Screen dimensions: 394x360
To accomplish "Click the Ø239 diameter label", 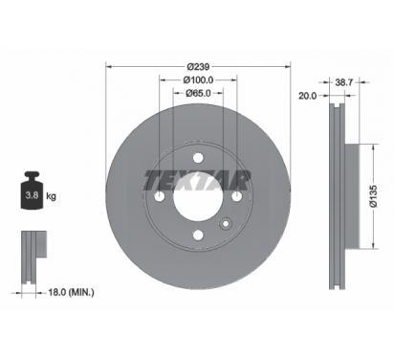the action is coord(198,67).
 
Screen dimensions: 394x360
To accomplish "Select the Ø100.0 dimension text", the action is coord(198,79).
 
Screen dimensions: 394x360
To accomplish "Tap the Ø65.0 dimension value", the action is coord(198,93).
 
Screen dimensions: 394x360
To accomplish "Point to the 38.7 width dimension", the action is coord(343,82).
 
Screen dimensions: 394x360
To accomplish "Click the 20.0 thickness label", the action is coord(307,96).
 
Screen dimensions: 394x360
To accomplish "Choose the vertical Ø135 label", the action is coord(373,196).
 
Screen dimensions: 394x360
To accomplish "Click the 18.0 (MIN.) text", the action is coord(71,292).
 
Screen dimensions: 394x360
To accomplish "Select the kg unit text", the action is coord(51,195).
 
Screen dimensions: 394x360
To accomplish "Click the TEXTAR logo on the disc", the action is coord(198,181).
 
